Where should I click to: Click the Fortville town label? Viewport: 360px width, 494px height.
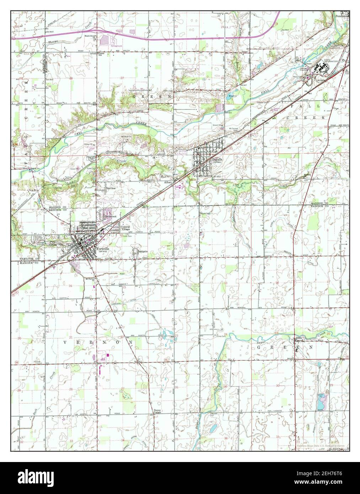coord(102,248)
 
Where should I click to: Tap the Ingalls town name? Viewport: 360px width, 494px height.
coord(217,160)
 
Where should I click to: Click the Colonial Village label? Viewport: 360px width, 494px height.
coord(125,228)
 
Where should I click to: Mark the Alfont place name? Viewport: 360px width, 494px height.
coord(168,182)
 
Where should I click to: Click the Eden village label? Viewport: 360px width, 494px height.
coord(299,338)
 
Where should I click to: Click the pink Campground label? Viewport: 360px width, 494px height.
coord(108,46)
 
